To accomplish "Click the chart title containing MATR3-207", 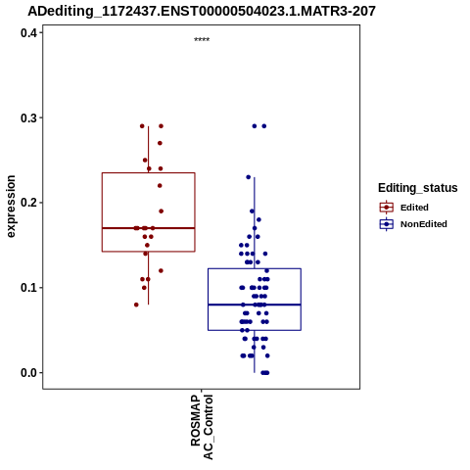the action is (x=202, y=11).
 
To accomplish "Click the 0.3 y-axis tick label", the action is (x=28, y=117).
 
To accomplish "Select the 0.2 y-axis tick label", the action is (x=28, y=203).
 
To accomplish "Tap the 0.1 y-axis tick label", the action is (x=28, y=288).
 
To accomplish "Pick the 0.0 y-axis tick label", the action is (x=28, y=373).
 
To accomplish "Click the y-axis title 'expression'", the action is (x=11, y=207).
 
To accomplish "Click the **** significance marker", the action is (x=202, y=40).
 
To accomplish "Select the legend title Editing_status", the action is (x=418, y=188).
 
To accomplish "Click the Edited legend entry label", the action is (x=414, y=208).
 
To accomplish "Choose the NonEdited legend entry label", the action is (x=424, y=224).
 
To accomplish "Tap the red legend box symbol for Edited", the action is (x=387, y=208).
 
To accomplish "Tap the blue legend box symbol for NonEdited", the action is (x=387, y=224).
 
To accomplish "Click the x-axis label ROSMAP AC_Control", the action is (x=202, y=427).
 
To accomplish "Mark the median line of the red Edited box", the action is (x=149, y=228).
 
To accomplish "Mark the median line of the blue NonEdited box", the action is (x=255, y=305).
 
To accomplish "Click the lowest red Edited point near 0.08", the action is (x=136, y=305).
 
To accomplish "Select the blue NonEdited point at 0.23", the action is (x=249, y=177).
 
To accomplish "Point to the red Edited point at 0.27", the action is (x=160, y=143).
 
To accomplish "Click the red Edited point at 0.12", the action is (x=161, y=271).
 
